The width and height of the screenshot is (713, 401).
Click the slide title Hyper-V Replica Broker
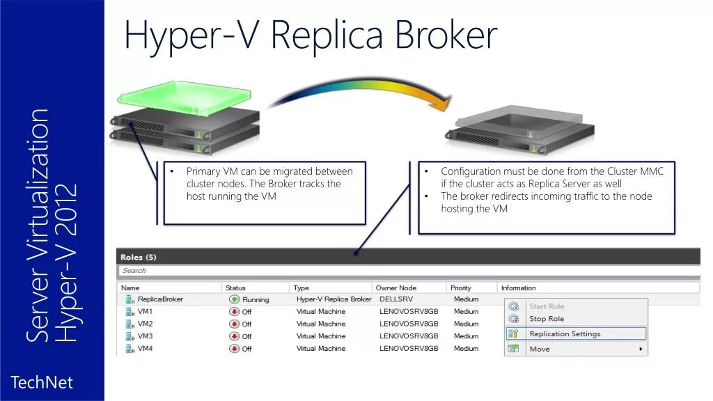(x=311, y=35)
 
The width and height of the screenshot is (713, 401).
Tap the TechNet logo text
(x=42, y=382)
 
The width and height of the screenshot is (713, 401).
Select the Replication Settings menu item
(x=565, y=333)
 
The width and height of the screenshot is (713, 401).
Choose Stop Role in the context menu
(x=547, y=319)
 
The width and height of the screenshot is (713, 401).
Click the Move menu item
(x=540, y=349)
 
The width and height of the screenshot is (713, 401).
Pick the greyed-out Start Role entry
(x=547, y=306)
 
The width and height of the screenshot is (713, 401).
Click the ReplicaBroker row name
(x=160, y=299)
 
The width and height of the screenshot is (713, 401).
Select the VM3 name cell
(x=145, y=336)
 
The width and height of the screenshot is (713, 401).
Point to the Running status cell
(x=255, y=300)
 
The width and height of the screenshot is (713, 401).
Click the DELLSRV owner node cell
(x=398, y=299)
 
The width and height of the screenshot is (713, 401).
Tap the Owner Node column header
(x=395, y=288)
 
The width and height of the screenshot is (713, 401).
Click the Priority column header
(x=461, y=288)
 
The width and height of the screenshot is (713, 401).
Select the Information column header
(x=519, y=288)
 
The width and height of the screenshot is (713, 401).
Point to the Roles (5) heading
(x=139, y=258)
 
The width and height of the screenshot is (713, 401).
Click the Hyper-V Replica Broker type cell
(x=334, y=299)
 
